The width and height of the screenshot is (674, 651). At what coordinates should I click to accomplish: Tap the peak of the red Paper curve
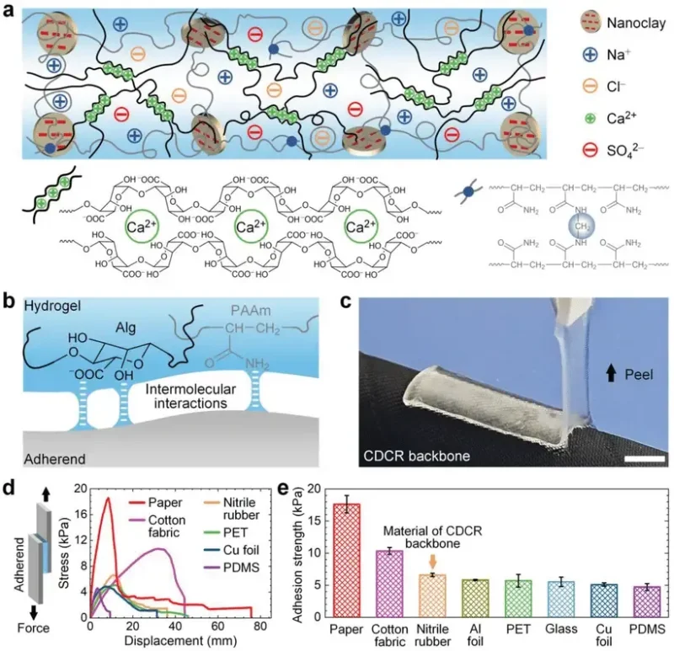pyautogui.click(x=108, y=499)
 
